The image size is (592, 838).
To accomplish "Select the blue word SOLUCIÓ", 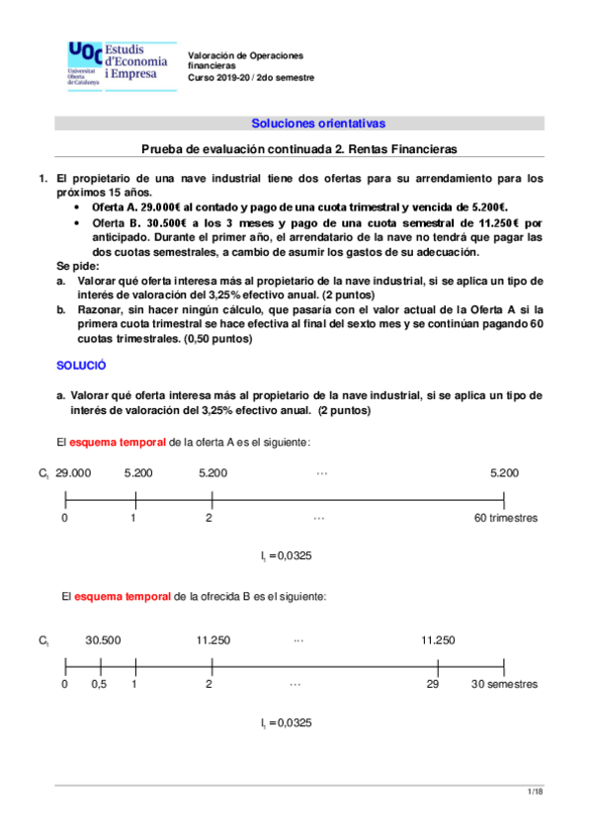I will (x=80, y=366).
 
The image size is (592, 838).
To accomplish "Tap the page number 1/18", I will (x=534, y=794).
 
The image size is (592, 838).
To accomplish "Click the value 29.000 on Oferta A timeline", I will (x=73, y=474).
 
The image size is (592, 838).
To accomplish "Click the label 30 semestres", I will (x=504, y=684).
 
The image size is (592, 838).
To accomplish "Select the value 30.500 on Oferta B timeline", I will (x=103, y=640).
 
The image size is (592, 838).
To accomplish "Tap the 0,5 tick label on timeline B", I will (x=99, y=684).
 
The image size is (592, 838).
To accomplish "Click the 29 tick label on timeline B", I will (x=433, y=684).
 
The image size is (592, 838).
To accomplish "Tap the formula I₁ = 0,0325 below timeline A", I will (x=287, y=557).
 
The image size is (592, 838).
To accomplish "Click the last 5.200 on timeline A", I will (x=504, y=474).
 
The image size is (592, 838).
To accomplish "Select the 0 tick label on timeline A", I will (x=64, y=518).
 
